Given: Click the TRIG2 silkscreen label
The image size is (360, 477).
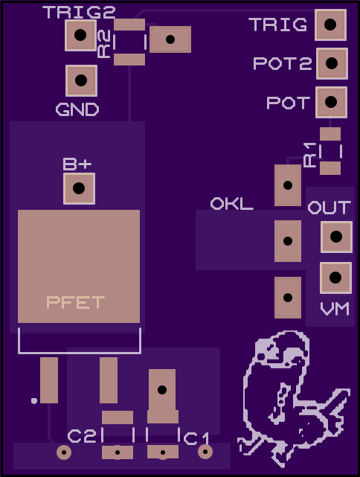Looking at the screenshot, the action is [80, 12].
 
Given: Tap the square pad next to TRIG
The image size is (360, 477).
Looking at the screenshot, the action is [330, 25].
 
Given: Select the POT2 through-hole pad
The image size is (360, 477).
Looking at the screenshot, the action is [332, 63].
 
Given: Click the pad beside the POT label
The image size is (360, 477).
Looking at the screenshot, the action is [331, 102].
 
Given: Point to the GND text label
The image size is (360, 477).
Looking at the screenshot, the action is [77, 109].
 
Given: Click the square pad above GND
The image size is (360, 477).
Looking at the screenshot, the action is [81, 80].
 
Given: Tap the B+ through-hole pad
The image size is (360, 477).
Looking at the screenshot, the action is [79, 188].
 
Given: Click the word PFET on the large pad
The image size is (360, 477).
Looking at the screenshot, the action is [76, 302].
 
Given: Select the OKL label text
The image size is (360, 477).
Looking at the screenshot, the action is [231, 203].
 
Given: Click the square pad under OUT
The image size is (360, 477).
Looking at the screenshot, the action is [336, 237].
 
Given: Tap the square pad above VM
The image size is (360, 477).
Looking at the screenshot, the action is [335, 278].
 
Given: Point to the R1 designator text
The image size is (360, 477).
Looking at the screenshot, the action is [310, 155].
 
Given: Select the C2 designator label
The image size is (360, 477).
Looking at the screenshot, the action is [82, 436].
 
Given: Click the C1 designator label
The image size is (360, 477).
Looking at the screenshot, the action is [196, 438].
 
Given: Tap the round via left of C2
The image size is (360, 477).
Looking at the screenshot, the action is [64, 452].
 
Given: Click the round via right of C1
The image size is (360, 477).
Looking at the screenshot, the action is [205, 452].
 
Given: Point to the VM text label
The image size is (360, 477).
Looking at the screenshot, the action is [335, 309].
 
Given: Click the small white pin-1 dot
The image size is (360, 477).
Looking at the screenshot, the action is [34, 401].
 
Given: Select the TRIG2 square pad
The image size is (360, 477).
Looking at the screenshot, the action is [80, 35].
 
